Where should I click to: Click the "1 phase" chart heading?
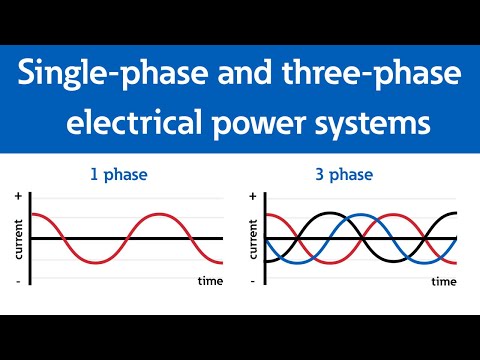tap(119, 175)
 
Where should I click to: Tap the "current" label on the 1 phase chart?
tap(19, 239)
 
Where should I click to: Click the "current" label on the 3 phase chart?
tap(253, 239)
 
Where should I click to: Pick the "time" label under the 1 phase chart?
tap(210, 281)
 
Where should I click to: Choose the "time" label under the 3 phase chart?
tap(444, 281)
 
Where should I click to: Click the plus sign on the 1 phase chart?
tap(18, 195)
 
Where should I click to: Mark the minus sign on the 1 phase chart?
tap(18, 282)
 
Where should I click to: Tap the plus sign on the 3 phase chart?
tap(252, 195)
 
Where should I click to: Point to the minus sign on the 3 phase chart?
tap(252, 282)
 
